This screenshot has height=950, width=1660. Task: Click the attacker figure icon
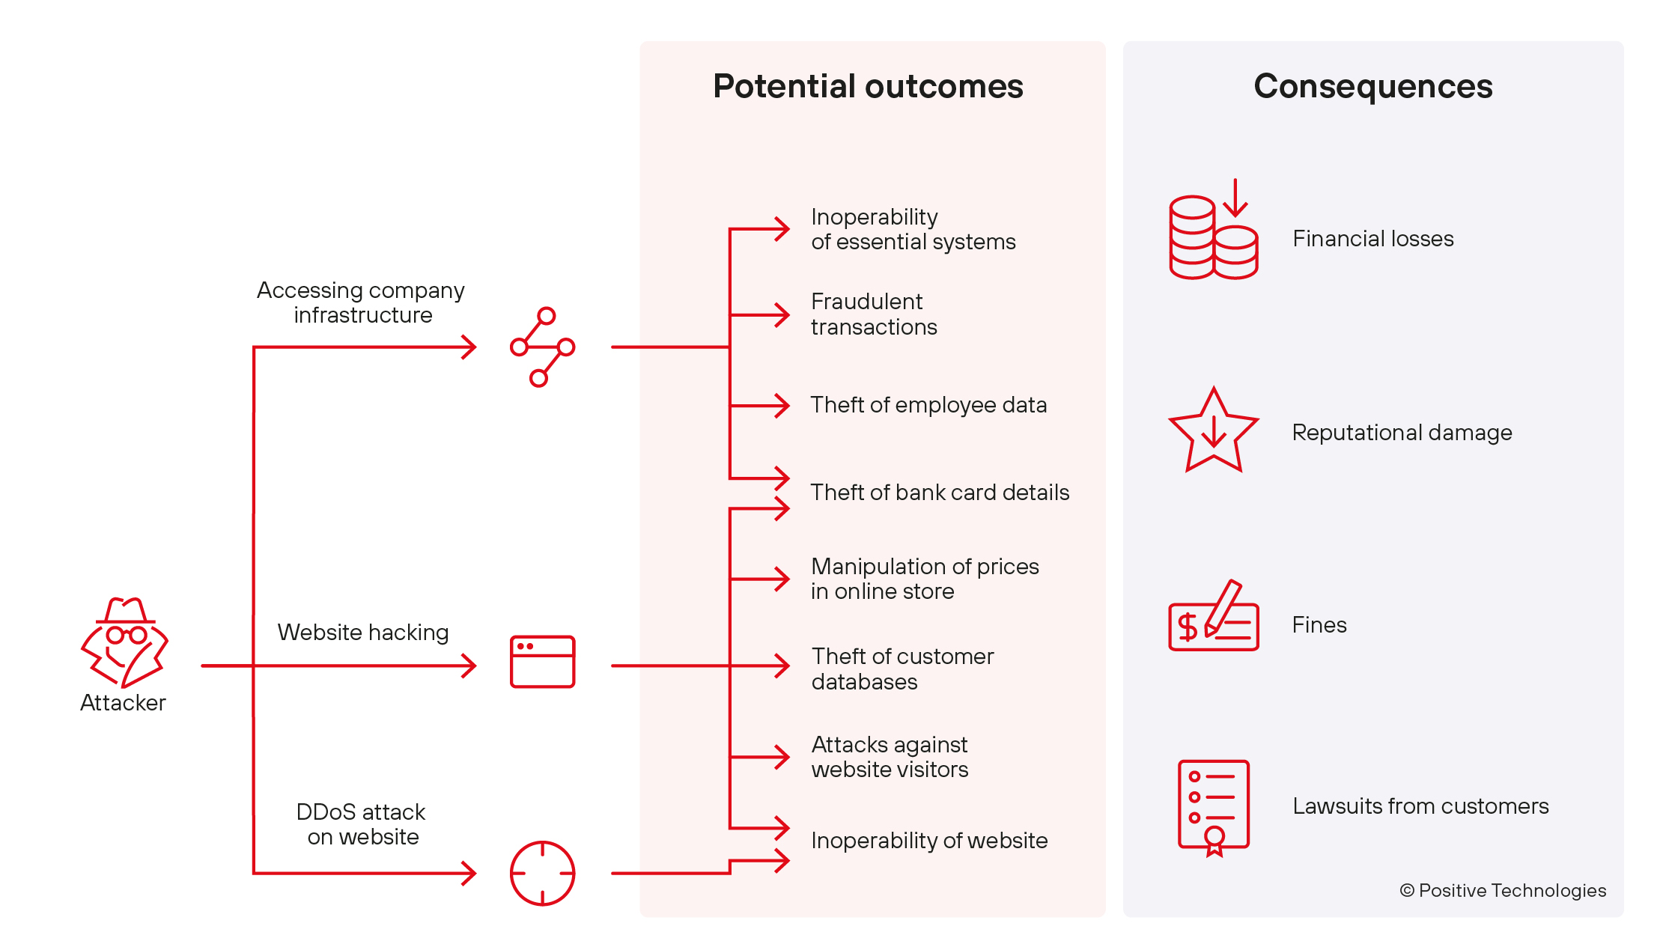(124, 642)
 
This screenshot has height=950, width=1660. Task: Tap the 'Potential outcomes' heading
(868, 86)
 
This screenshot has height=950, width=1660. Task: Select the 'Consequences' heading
(1372, 86)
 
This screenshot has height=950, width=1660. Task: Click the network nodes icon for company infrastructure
(542, 347)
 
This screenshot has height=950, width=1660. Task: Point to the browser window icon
(542, 662)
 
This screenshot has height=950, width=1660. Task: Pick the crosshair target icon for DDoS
(542, 873)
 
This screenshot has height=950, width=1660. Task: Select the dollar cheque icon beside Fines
(1213, 618)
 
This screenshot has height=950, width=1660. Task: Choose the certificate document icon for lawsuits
(1213, 807)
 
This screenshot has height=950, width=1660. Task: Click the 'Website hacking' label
(363, 633)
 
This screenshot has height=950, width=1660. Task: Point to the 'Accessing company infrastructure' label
(361, 302)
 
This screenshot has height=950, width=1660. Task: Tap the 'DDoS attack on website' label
(362, 824)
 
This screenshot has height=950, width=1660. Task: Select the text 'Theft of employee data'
(928, 405)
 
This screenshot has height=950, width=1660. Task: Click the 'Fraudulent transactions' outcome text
(874, 314)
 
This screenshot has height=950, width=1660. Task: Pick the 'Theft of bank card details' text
(940, 493)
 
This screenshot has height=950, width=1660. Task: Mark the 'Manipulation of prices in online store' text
(925, 579)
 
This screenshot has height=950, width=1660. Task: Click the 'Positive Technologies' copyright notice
(1503, 890)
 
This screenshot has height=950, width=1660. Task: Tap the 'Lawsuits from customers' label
(1420, 806)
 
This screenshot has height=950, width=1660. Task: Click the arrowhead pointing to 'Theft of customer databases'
(782, 666)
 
